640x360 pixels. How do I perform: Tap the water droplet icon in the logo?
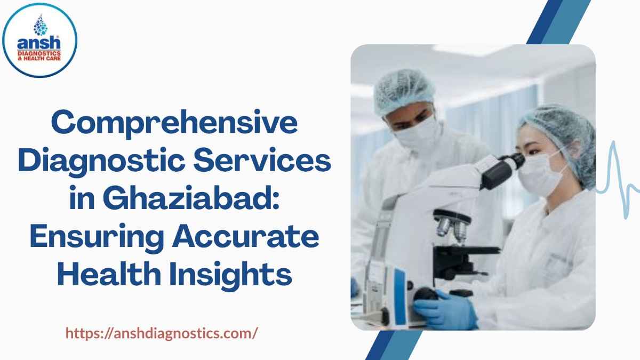pyautogui.click(x=40, y=24)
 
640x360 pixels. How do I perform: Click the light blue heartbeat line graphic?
pyautogui.click(x=619, y=181)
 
